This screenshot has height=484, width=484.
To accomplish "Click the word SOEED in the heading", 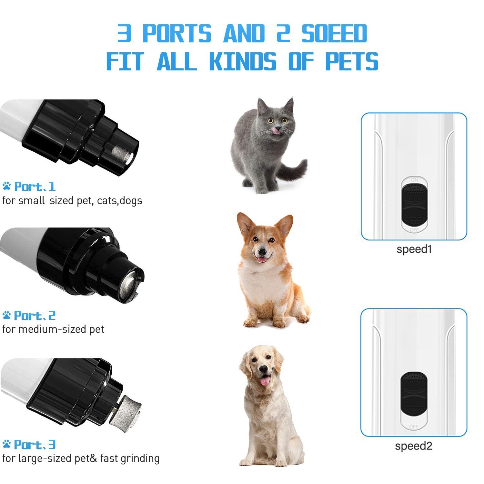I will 334,33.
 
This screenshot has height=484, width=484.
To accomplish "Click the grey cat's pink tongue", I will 275,130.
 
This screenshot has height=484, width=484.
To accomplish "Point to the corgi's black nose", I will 262,250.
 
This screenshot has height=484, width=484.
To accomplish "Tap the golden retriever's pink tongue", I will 265,381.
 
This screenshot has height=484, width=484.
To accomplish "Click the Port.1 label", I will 35,187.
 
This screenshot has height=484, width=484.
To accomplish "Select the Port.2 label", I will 35,316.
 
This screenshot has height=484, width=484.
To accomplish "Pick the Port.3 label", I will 35,445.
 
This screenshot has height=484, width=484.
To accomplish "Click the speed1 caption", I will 414,249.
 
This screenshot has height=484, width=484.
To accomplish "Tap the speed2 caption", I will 414,446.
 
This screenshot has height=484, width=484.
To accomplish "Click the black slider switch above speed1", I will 414,204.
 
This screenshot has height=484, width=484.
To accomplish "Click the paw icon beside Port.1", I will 6,186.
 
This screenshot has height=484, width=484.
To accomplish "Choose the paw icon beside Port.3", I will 6,444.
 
